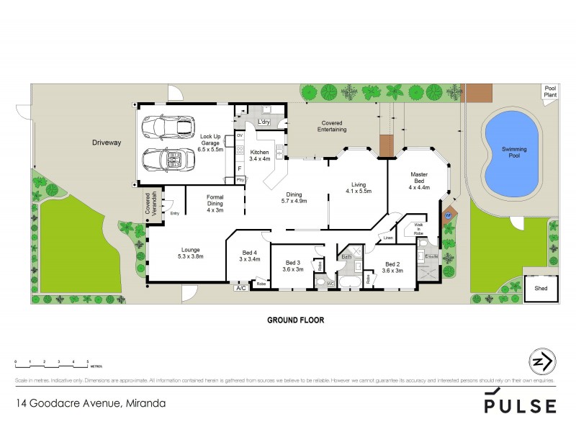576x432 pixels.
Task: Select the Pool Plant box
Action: [550, 92]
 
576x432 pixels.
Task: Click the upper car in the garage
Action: [167, 127]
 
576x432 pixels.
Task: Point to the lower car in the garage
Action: [167, 158]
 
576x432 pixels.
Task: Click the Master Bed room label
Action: [419, 180]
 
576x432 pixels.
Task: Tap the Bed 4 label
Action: [249, 256]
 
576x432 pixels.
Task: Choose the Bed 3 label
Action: [292, 266]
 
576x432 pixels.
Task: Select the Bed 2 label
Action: [392, 266]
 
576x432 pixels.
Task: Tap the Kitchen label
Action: [258, 156]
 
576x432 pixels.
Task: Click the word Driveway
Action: [107, 143]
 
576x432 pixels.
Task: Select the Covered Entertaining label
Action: [333, 127]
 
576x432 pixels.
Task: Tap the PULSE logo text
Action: [520, 405]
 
